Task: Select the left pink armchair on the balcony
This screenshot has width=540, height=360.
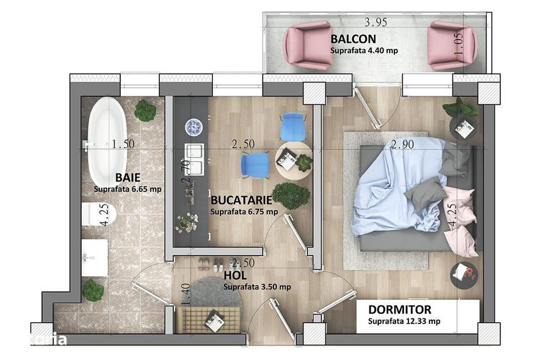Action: point(308,45)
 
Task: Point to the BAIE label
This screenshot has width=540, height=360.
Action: point(129,176)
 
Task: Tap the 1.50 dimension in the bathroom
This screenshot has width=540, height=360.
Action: point(121,144)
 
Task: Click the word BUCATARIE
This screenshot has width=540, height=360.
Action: point(242,199)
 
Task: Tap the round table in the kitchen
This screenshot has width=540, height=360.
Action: point(295,159)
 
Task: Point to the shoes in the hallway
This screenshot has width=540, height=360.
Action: point(210,263)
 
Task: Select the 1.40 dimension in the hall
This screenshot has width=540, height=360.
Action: point(186,293)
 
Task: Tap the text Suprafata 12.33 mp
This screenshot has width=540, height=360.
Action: point(403,322)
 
